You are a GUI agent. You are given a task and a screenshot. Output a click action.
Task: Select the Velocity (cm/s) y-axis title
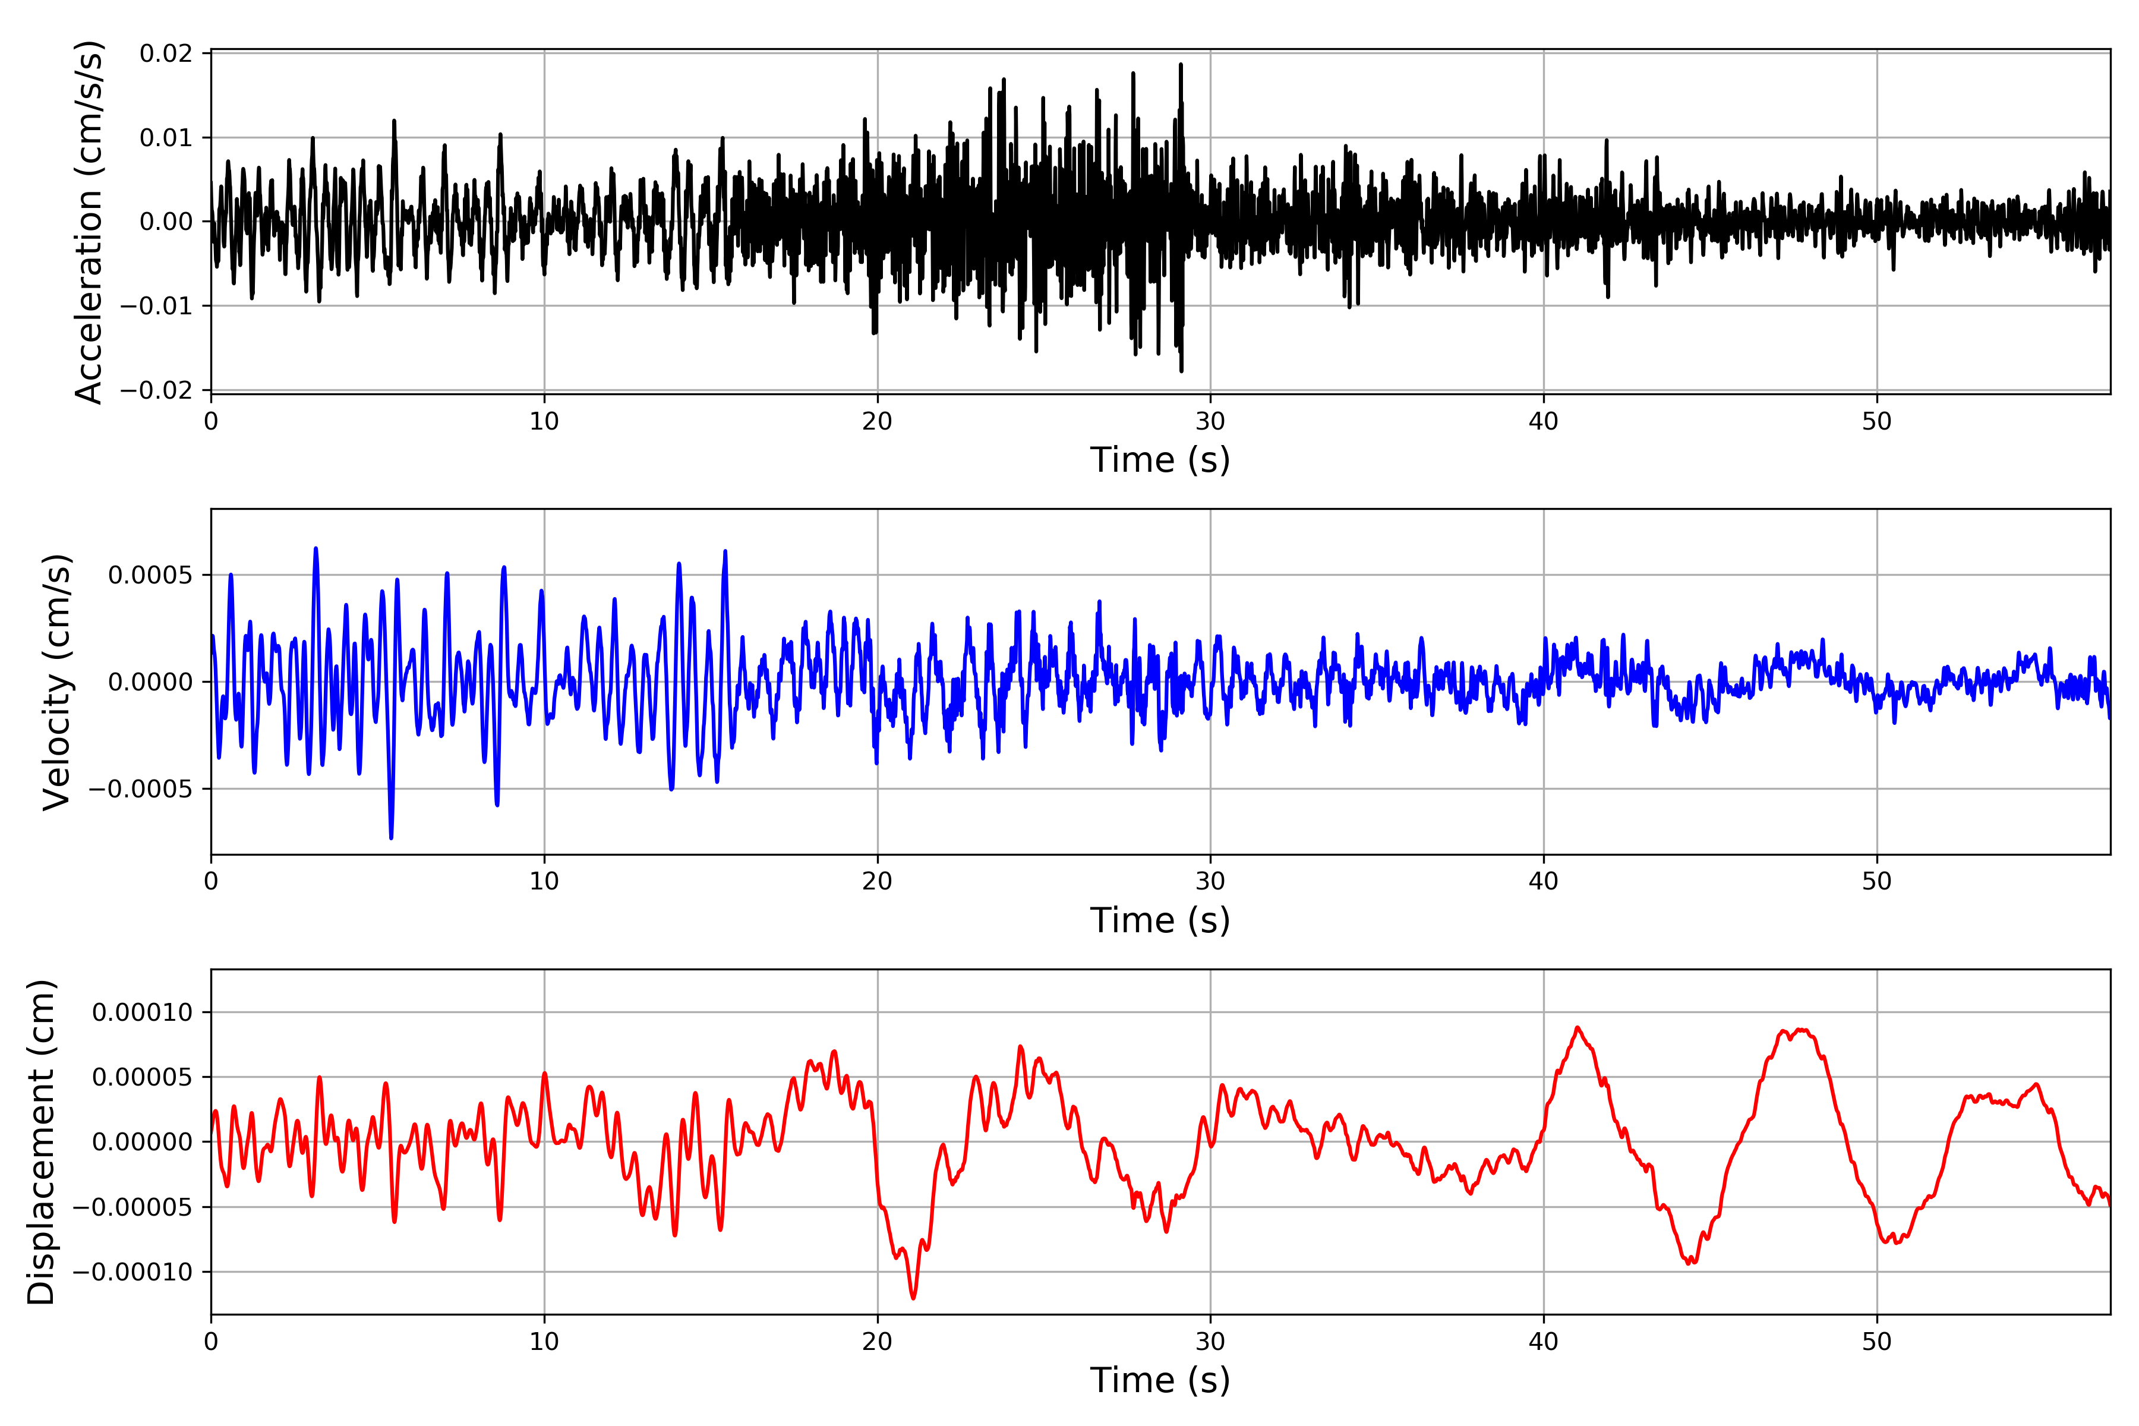57,682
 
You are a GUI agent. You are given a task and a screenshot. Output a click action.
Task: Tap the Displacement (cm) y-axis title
42,1142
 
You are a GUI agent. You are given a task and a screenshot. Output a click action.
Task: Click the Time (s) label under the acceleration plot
1160,460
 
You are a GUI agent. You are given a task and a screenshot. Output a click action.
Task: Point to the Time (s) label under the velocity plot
1160,920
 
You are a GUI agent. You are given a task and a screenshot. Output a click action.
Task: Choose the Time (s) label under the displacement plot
1160,1380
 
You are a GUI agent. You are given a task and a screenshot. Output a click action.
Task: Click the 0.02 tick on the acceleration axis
166,53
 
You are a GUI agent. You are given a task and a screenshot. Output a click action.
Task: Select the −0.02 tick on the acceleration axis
156,390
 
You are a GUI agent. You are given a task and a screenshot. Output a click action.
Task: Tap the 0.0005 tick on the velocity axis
150,575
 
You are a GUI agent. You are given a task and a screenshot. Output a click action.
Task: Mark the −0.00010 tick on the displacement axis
132,1272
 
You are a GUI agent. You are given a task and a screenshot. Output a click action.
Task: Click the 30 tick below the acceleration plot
1210,422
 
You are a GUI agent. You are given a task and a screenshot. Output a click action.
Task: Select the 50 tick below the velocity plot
1876,881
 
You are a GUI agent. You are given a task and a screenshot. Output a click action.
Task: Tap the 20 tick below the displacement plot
877,1342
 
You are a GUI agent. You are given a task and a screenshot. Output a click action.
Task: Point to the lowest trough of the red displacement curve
913,1298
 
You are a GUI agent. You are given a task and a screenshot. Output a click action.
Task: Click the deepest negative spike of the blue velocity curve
391,838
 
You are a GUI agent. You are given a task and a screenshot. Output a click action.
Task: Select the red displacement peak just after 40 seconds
1578,1028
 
